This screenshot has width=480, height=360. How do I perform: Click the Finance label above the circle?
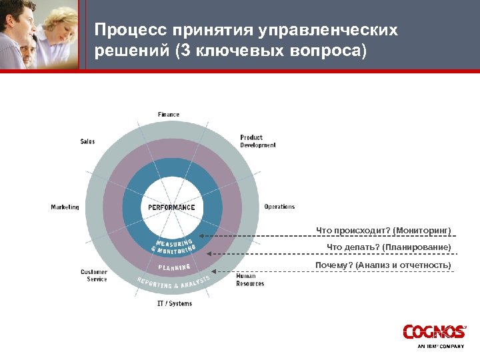tap(169, 115)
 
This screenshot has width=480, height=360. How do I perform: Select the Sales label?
tap(87, 141)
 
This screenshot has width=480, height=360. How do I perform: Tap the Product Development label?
tap(257, 141)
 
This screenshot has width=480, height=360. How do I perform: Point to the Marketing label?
tap(65, 207)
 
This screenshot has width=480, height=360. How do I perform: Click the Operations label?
tap(279, 207)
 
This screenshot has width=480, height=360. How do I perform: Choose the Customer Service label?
tap(94, 275)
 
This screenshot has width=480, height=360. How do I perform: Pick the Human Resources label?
tap(250, 279)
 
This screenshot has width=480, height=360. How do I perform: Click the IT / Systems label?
tap(175, 304)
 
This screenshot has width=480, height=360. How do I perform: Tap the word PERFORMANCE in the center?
tap(171, 207)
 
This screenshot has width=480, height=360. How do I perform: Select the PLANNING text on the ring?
tap(175, 267)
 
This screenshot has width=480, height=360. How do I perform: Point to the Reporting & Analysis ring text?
tap(173, 283)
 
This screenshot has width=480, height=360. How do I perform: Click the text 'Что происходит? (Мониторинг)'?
tap(383, 231)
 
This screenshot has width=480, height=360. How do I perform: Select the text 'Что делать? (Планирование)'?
tap(389, 248)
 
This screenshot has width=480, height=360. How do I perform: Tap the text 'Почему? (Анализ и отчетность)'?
tap(383, 265)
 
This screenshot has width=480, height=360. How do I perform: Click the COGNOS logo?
tap(433, 331)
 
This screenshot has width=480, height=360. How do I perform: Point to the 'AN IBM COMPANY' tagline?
tap(440, 347)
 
